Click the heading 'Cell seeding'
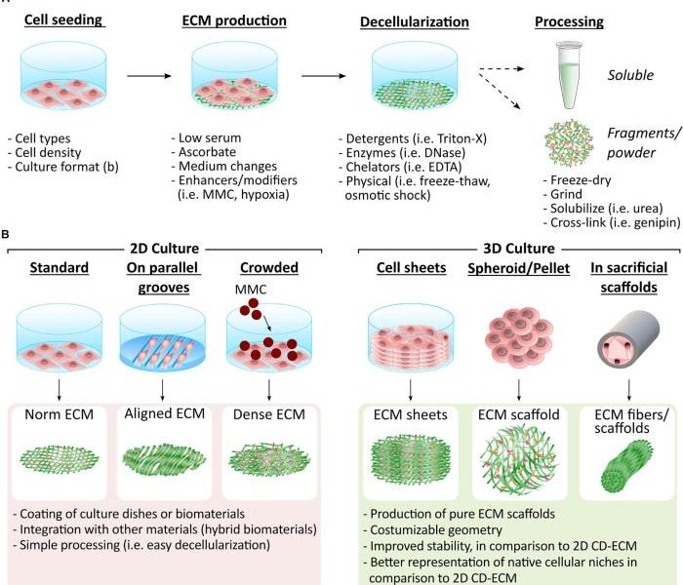pos(63,20)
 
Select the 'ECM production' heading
pos(234,20)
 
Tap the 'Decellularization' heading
pos(415,22)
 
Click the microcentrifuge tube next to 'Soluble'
pos(569,75)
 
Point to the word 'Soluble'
pos(630,75)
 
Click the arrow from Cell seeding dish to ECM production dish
pos(149,76)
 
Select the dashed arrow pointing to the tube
pos(502,68)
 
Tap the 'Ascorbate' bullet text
pos(207,152)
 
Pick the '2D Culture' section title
pos(165,249)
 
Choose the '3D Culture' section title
pos(519,249)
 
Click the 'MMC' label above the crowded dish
pos(251,290)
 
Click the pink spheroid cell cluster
pos(519,335)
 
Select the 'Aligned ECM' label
pos(165,413)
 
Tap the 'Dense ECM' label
pos(269,414)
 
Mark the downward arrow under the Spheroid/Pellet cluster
pos(519,390)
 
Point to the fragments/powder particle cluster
pos(569,142)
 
